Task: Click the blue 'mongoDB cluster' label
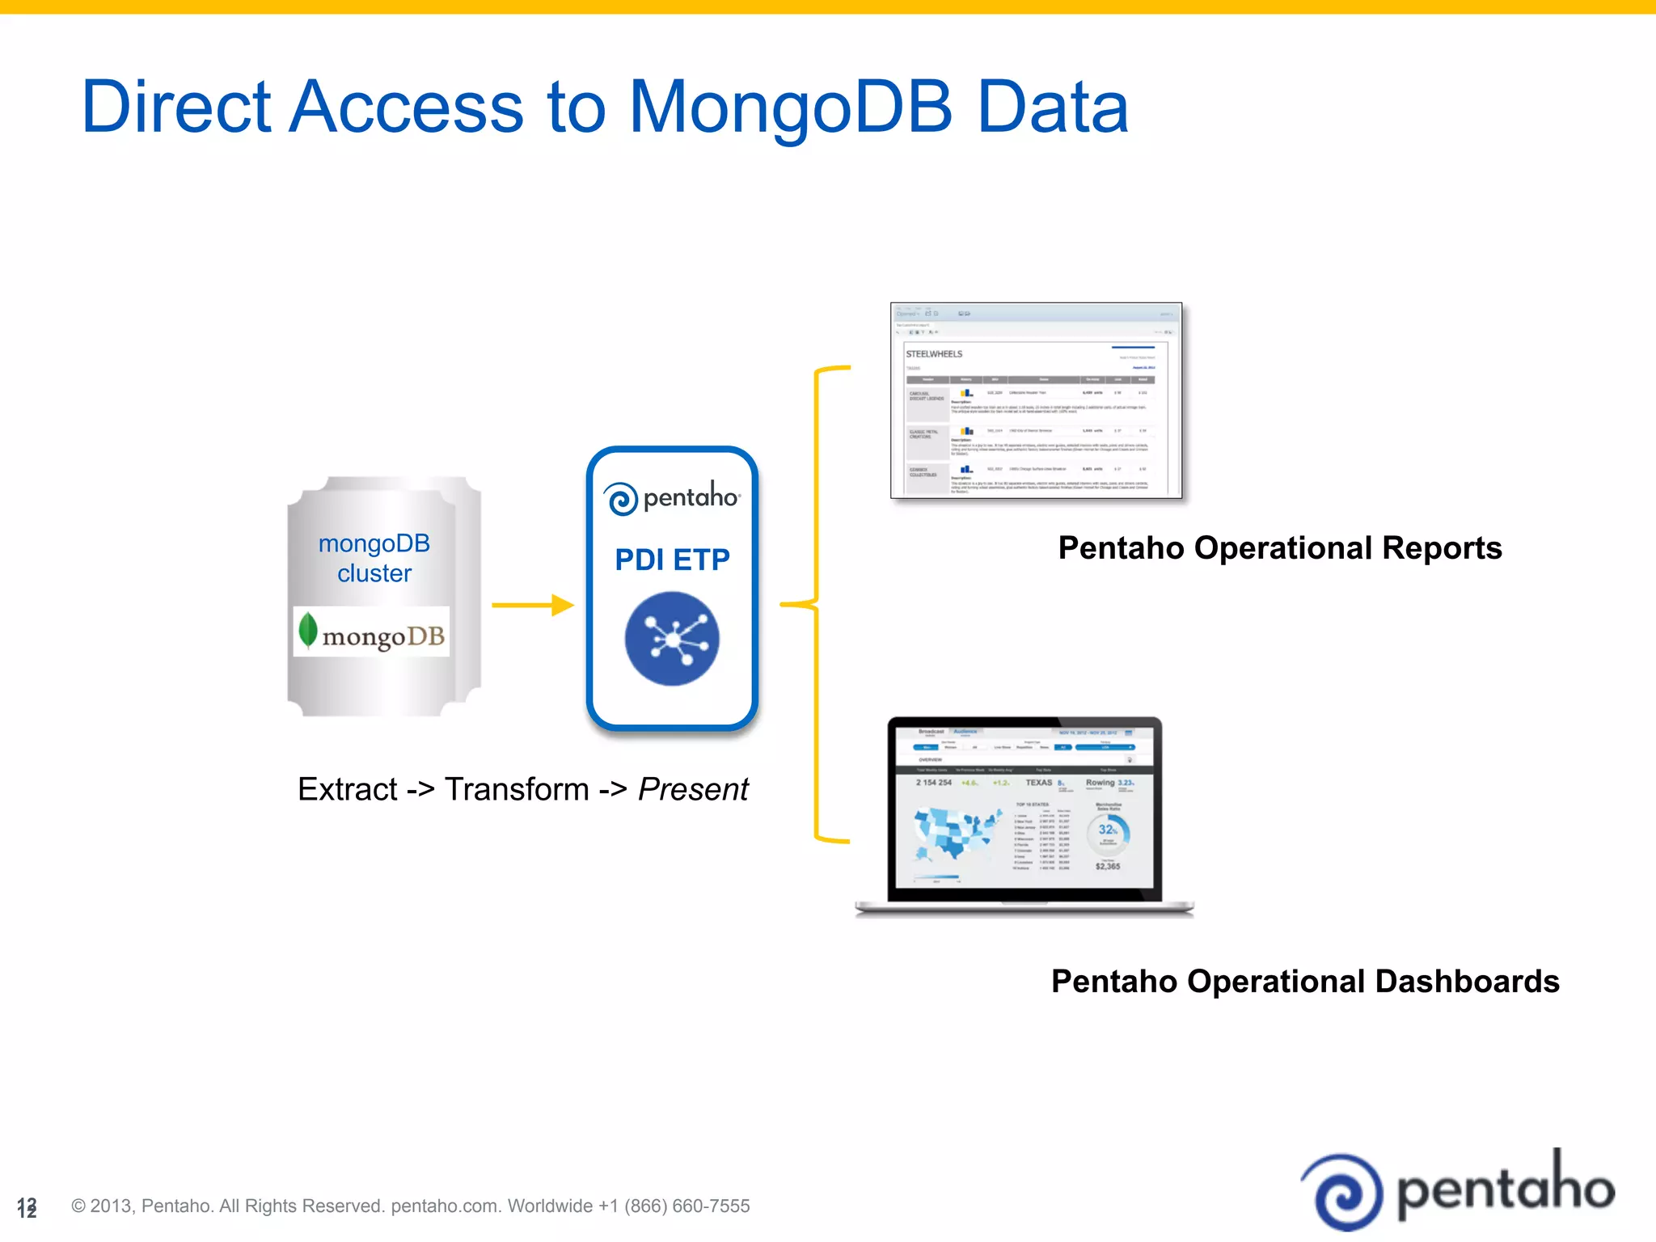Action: (374, 558)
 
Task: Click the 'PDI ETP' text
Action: (672, 560)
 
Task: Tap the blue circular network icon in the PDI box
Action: (672, 639)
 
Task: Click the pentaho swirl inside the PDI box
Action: (622, 499)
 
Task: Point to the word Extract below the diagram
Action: (348, 789)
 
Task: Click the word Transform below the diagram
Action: (517, 789)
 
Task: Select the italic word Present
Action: (693, 789)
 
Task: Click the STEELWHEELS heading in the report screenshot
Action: (934, 354)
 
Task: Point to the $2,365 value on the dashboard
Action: (1108, 866)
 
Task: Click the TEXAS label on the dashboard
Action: (1039, 783)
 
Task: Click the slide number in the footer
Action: (27, 1207)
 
